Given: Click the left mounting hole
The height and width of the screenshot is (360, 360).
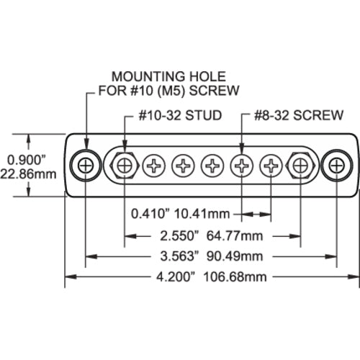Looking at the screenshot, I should [86, 166].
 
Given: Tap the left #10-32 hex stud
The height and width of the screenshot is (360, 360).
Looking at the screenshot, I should [125, 166].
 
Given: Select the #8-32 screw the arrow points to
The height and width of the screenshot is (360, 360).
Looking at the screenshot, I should [242, 166].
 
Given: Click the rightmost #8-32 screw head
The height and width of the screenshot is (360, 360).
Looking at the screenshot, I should [271, 166].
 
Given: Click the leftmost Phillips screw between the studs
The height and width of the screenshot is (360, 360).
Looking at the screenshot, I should [155, 166].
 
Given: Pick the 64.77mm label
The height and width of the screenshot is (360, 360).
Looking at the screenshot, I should [238, 234].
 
